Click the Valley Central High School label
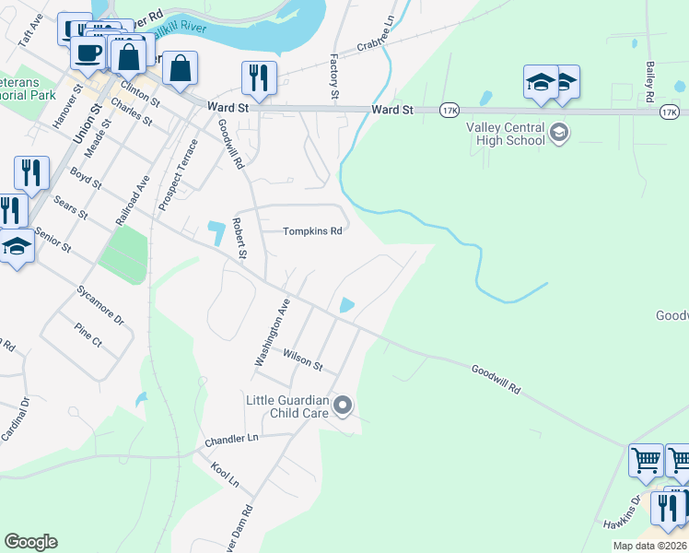[x=506, y=134]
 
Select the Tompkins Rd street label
[x=312, y=231]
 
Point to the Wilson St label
[x=302, y=359]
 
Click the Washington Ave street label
[x=272, y=332]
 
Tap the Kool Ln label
[x=225, y=476]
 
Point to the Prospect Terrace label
[x=177, y=175]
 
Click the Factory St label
[x=334, y=71]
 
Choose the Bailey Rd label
[x=649, y=81]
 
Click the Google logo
[x=30, y=542]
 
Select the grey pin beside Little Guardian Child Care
[x=343, y=406]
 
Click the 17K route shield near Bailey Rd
[x=670, y=111]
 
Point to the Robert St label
[x=240, y=238]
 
